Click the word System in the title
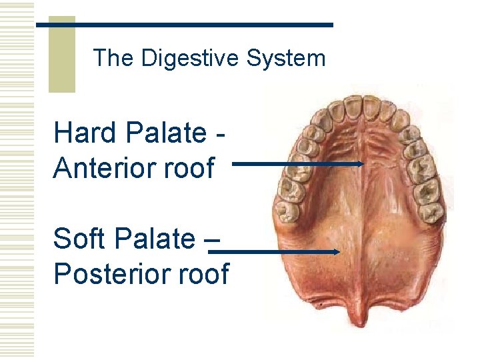coord(286,59)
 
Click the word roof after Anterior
coord(192,167)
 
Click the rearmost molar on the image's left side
coord(288,211)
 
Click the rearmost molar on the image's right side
coord(432,211)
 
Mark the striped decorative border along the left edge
coord(17,180)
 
